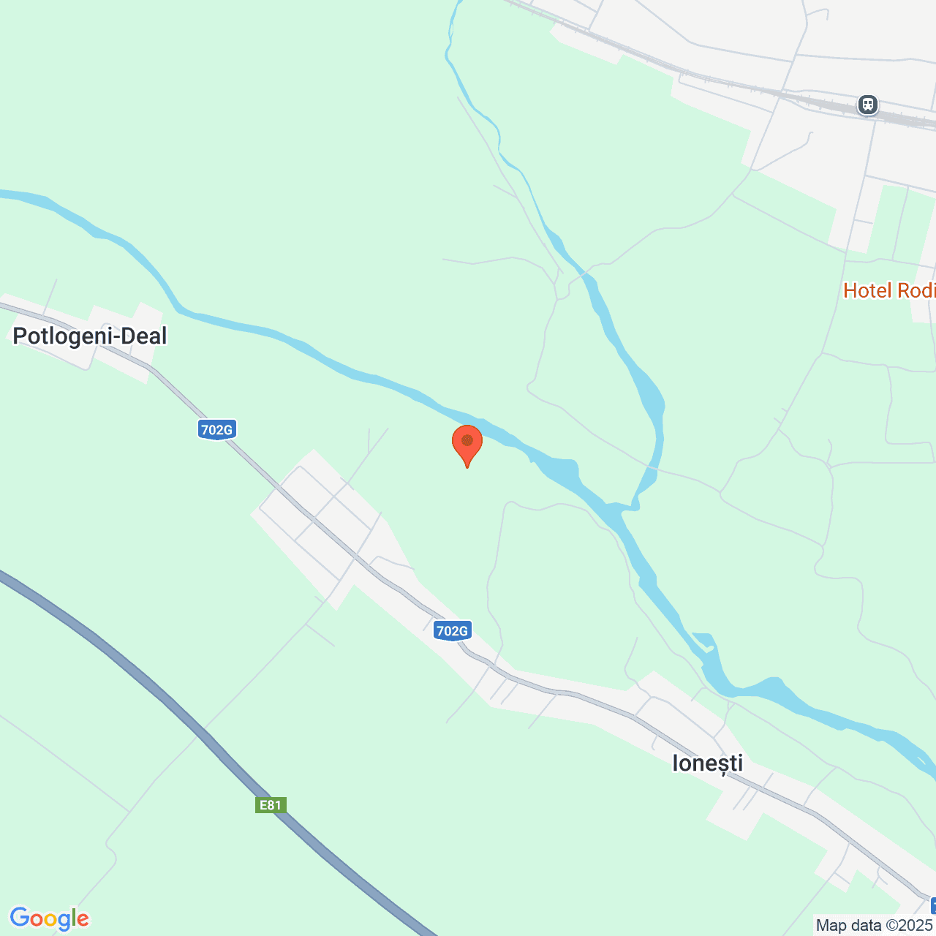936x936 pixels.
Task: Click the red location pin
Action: click(467, 442)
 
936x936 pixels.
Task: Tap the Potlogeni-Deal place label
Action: click(90, 336)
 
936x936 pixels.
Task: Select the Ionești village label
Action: click(707, 763)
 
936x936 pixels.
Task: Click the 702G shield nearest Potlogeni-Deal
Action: click(216, 429)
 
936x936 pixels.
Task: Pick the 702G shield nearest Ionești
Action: click(452, 630)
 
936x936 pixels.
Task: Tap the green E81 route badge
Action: click(270, 805)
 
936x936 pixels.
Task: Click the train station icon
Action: click(868, 105)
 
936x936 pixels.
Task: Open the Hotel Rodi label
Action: click(889, 291)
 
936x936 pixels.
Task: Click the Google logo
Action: click(49, 918)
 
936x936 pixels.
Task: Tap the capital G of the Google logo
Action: click(20, 918)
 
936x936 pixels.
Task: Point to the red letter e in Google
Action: click(82, 920)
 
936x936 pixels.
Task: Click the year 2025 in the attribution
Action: click(917, 926)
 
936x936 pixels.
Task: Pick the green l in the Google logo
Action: click(72, 918)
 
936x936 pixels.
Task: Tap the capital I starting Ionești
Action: click(676, 763)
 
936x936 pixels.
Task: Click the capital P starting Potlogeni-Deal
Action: click(20, 336)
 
